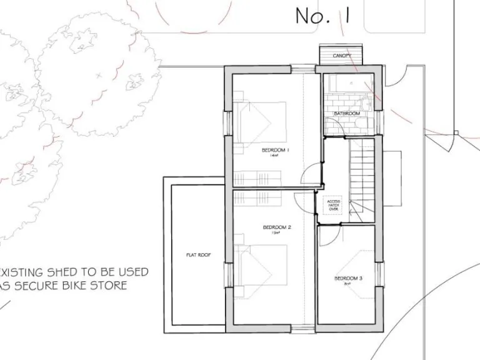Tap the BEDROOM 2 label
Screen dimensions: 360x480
tap(277, 227)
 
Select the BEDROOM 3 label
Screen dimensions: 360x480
tap(348, 278)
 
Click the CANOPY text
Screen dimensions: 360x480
tap(341, 56)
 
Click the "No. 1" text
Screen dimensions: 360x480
tap(321, 17)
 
